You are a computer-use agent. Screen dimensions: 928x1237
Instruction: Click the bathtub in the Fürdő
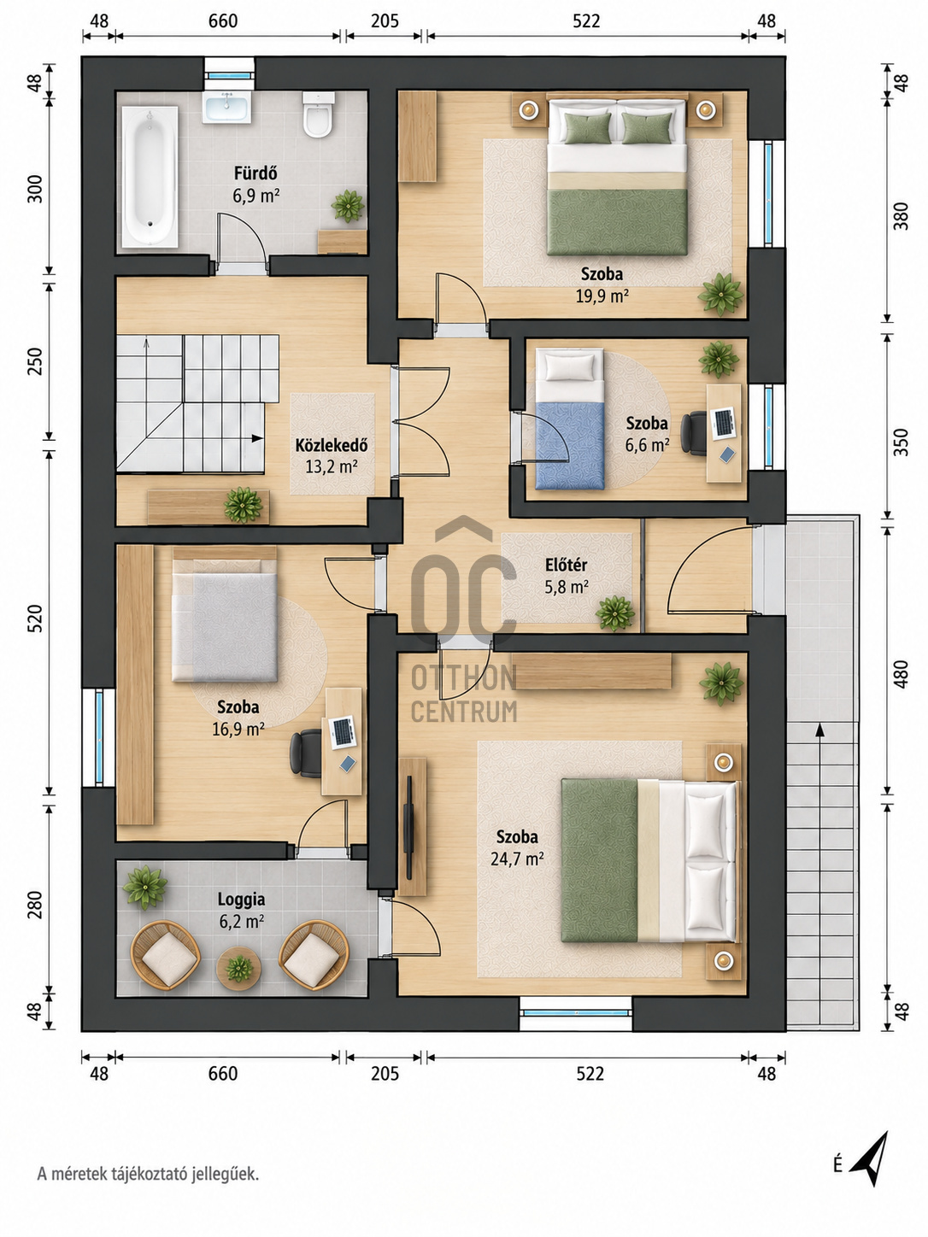point(150,177)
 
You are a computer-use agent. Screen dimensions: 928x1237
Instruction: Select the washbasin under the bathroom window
point(227,108)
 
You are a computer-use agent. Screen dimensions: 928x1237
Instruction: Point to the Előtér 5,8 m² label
point(567,576)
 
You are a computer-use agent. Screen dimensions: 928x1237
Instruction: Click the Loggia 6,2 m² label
point(242,910)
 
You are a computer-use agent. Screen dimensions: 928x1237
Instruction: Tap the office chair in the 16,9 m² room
point(305,753)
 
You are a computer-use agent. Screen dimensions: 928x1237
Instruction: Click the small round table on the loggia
point(239,968)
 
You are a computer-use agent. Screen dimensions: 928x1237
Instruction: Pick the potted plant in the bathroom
point(348,206)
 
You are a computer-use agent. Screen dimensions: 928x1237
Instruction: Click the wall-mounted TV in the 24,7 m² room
point(408,823)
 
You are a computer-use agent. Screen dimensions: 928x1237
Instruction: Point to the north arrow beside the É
point(870,1158)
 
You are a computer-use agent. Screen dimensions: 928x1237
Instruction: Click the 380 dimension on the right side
point(901,216)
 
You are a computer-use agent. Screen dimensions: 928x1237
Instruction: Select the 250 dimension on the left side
point(35,361)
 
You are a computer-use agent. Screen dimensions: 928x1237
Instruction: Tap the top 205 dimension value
point(385,21)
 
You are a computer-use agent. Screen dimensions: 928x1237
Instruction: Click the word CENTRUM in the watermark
point(464,712)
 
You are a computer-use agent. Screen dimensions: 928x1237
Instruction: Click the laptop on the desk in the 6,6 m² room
point(723,423)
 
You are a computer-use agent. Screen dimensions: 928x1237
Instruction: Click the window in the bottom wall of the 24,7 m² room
point(575,1013)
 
